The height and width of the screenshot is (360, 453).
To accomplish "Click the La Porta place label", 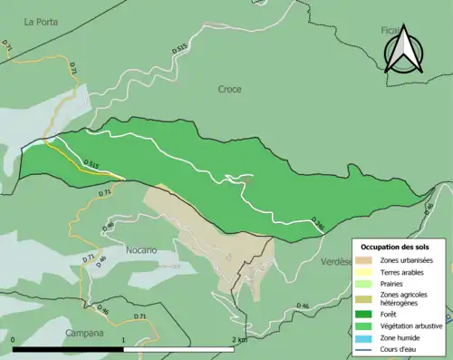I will (41, 21).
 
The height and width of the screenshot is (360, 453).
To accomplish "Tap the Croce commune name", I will (230, 89).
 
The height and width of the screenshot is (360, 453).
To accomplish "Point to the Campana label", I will (83, 333).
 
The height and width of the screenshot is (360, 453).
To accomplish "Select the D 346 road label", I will (317, 222).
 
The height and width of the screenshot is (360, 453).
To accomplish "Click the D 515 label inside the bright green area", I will (91, 164).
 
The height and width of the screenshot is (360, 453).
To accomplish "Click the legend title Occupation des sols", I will (395, 247).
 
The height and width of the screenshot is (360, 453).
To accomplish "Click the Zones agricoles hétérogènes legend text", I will (404, 300).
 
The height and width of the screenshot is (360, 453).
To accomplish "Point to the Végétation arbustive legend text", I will (411, 327).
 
